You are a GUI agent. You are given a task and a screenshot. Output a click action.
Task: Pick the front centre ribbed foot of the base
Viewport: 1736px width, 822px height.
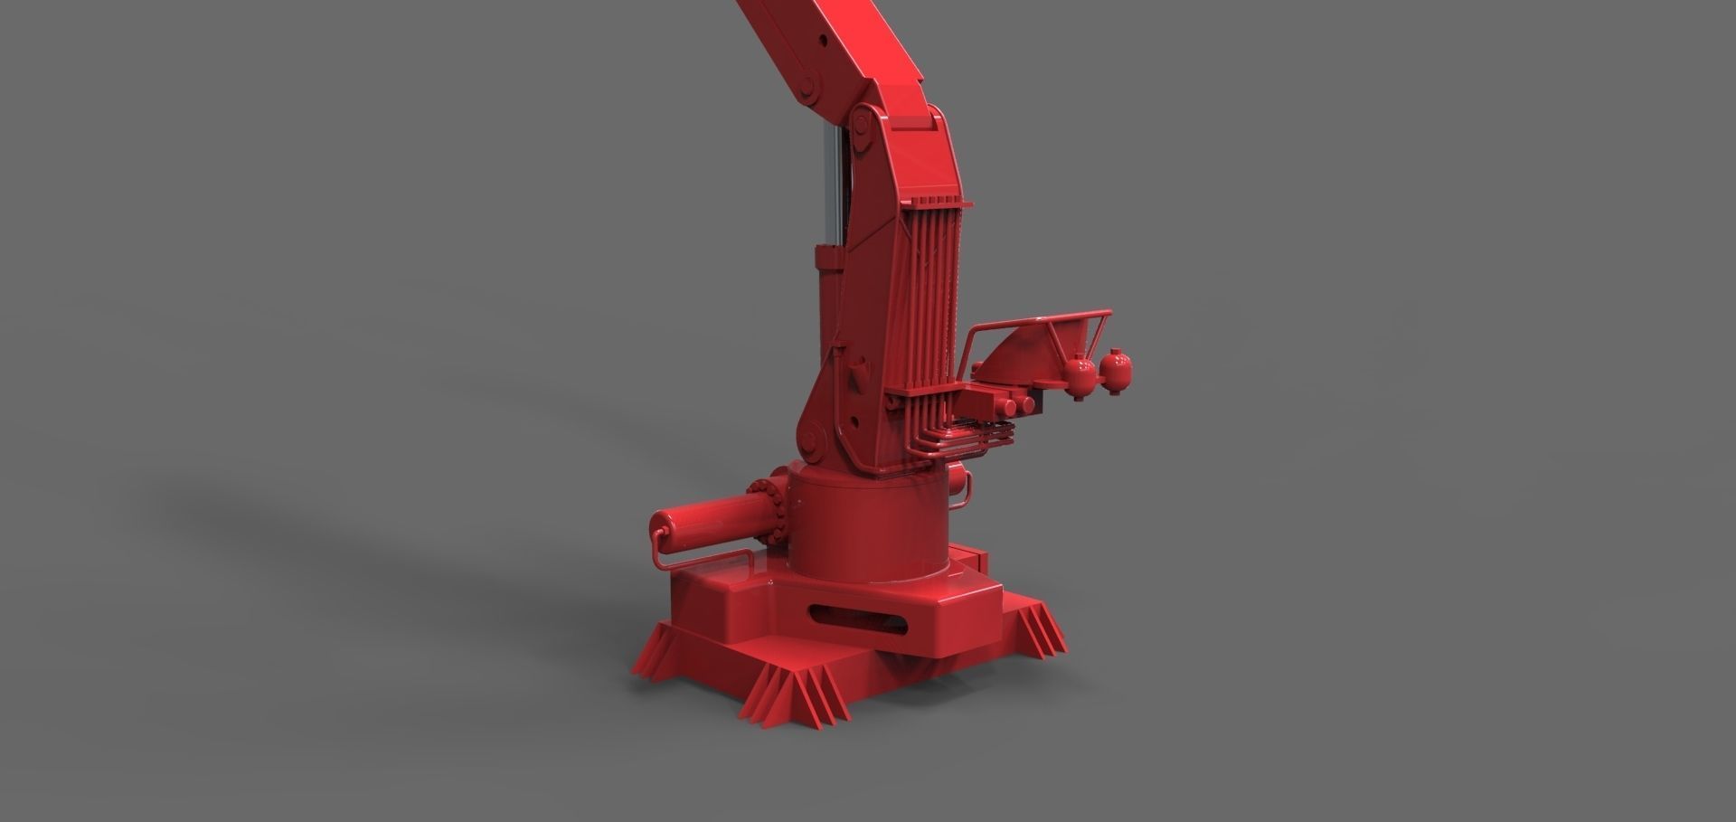click(x=796, y=696)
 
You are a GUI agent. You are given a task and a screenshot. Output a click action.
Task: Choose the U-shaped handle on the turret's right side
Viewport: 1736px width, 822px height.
click(x=964, y=489)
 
